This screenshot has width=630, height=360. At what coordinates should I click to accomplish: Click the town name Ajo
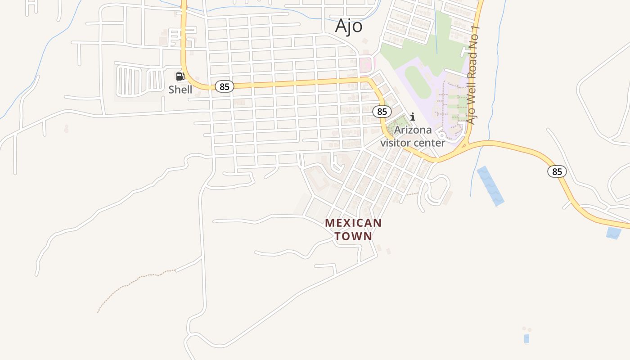349,26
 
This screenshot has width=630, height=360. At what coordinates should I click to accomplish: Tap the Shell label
180,90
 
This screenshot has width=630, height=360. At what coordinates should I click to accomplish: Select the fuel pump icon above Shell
180,76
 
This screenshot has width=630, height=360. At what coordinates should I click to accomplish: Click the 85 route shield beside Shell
224,86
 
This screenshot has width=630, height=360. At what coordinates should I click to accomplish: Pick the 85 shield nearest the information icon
382,111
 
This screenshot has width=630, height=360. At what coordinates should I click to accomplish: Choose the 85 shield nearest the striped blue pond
557,171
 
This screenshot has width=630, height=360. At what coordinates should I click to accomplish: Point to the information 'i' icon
412,117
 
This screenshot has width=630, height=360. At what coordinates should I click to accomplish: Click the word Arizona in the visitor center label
413,130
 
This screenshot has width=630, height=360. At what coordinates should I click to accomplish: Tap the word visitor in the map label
396,143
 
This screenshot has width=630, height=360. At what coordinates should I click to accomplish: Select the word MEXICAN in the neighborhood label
353,223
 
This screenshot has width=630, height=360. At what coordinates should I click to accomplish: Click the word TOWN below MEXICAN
353,236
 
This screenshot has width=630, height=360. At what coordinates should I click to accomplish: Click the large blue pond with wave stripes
490,186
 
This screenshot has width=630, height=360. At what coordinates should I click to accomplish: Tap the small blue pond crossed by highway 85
613,233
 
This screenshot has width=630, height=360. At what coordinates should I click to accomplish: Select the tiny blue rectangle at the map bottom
526,338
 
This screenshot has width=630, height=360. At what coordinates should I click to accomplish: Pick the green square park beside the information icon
396,123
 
